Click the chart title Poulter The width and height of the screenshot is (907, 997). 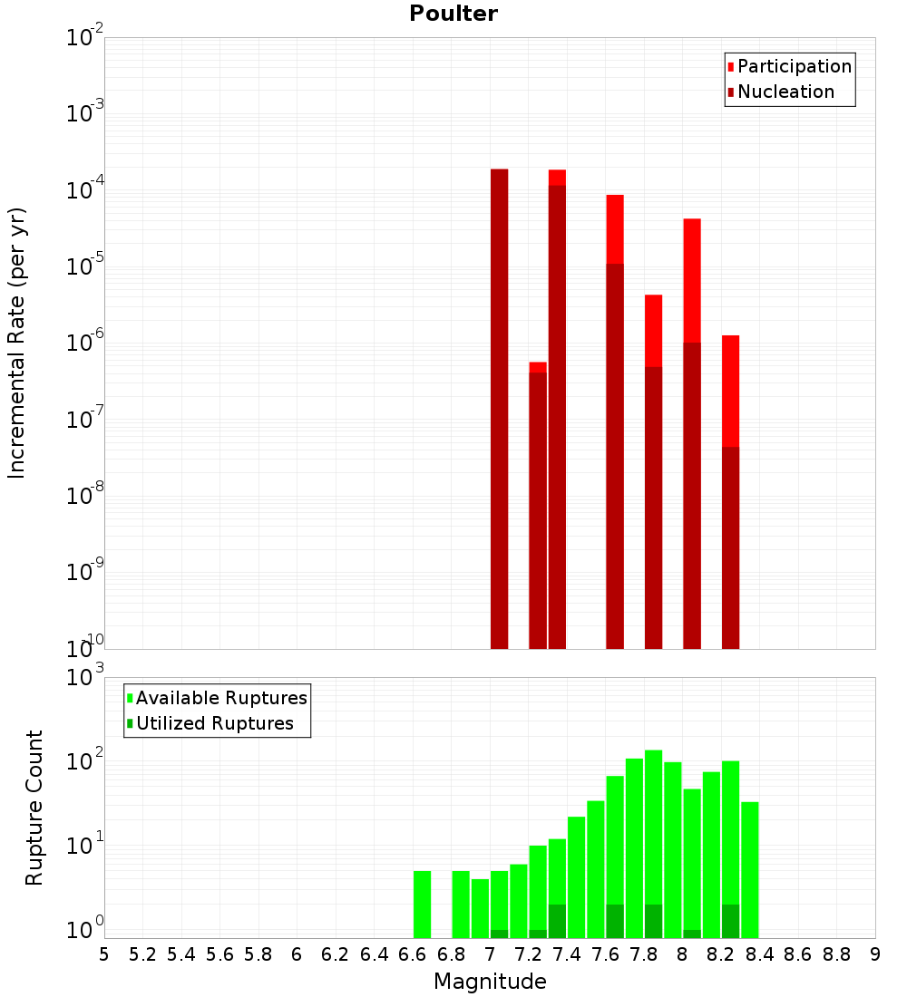click(453, 14)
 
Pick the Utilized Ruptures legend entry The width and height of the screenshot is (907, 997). click(213, 723)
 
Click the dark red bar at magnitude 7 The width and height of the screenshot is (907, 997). click(499, 408)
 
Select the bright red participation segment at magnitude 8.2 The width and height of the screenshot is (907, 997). click(731, 390)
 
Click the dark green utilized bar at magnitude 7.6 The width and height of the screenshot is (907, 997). click(615, 920)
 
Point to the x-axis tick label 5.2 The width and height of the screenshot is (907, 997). click(143, 954)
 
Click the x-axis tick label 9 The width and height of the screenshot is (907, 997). click(875, 954)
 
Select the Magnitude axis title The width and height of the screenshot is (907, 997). click(490, 982)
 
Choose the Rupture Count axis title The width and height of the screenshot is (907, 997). click(34, 807)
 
